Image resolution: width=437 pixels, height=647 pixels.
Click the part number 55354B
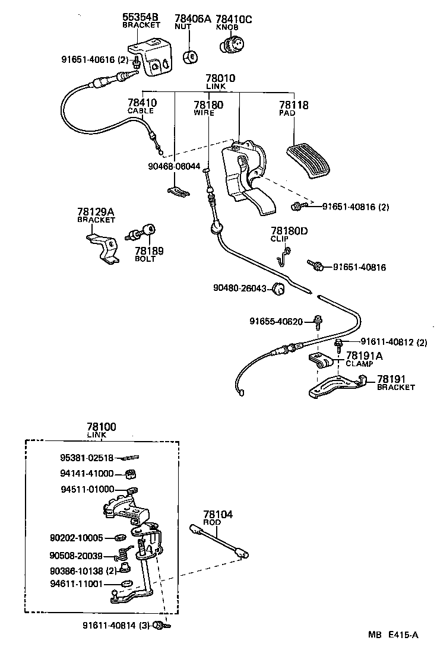coord(141,18)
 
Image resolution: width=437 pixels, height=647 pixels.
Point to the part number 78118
coord(293,105)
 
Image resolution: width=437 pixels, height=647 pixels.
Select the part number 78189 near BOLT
coord(148,251)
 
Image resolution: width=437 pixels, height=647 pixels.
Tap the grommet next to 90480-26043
coord(278,289)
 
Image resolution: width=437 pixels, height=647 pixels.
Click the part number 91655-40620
coord(276,322)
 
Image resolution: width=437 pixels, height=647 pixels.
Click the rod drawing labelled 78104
coord(218,540)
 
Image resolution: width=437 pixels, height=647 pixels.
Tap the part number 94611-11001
coord(81,584)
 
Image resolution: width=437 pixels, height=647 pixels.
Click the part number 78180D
coord(289,231)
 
